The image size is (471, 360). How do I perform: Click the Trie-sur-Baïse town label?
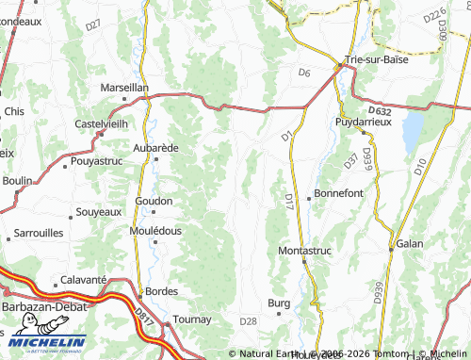click(381, 60)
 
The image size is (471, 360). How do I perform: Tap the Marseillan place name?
click(124, 88)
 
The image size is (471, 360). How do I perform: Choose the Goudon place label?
click(154, 201)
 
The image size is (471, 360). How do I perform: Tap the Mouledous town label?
click(155, 230)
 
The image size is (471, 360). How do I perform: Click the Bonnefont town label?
click(338, 192)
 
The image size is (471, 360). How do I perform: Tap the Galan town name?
click(410, 243)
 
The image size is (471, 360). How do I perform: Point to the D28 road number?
click(248, 321)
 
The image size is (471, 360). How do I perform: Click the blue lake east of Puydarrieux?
click(412, 133)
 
